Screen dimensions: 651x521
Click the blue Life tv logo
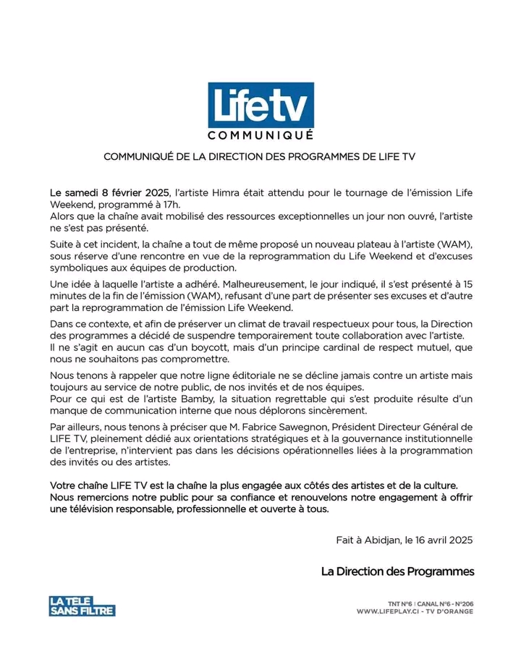tap(260, 106)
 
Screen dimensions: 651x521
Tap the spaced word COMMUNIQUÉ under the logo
tap(260, 135)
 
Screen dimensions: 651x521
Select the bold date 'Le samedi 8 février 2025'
tap(109, 193)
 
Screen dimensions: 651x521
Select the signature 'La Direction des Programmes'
tap(398, 571)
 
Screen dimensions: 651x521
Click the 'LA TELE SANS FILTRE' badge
tap(82, 605)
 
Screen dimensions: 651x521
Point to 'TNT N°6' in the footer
tap(398, 603)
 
